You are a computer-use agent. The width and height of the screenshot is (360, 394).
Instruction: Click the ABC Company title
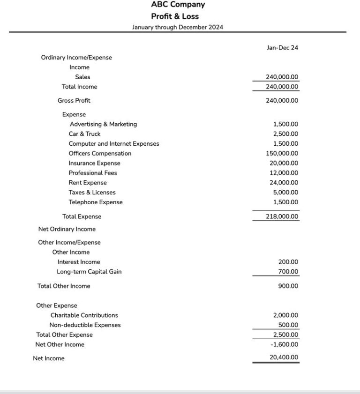coord(178,5)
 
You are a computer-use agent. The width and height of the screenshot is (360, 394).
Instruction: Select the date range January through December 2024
coord(178,27)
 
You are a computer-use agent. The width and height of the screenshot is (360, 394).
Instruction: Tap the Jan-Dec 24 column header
coord(282,48)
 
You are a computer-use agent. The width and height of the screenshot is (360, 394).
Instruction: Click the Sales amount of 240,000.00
coord(282,77)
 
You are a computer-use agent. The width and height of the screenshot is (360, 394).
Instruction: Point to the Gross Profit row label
coord(74,101)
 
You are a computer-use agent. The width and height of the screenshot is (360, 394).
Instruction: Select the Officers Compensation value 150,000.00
coord(282,154)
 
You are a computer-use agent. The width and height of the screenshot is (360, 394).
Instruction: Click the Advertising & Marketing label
coord(103,125)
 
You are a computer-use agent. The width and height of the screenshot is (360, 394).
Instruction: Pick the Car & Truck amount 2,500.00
coord(285,134)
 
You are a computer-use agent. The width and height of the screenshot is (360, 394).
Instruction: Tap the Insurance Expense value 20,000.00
coord(284,164)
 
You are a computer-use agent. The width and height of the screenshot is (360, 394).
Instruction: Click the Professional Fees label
coord(93,173)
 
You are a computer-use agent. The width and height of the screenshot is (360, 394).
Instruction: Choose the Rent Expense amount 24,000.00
coord(284,183)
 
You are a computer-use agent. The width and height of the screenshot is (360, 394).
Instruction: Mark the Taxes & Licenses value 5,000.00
coord(285,193)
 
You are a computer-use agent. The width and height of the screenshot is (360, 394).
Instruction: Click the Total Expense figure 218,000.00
coord(282,217)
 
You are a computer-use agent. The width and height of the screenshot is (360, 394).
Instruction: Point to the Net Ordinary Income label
coord(67,230)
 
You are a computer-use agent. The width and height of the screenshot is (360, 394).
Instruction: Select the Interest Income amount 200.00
coord(288,262)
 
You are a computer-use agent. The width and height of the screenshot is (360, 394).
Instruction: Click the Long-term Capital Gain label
coord(89,272)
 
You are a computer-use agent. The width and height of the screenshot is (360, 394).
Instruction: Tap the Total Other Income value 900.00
coord(288,286)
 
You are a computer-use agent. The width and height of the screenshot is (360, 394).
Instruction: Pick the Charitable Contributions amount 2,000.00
coord(285,316)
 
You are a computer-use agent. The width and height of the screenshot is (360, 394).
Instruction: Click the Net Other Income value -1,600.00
coord(285,345)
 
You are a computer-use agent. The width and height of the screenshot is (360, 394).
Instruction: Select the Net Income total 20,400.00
coord(284,357)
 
